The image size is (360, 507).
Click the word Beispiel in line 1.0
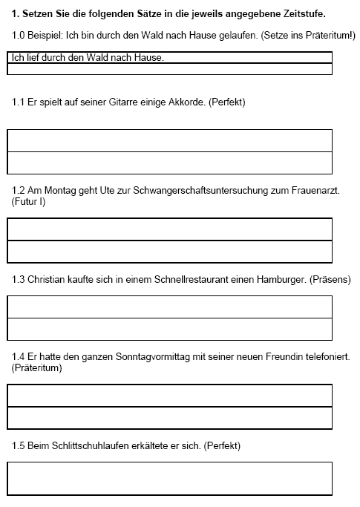[x=48, y=36]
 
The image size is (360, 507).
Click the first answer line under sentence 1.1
[x=169, y=141]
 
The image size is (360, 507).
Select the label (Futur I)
[x=29, y=201]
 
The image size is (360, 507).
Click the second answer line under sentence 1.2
[x=169, y=252]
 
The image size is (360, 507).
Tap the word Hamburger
[x=272, y=280]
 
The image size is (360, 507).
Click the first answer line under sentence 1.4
[x=169, y=396]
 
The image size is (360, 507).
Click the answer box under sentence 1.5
[x=169, y=478]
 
